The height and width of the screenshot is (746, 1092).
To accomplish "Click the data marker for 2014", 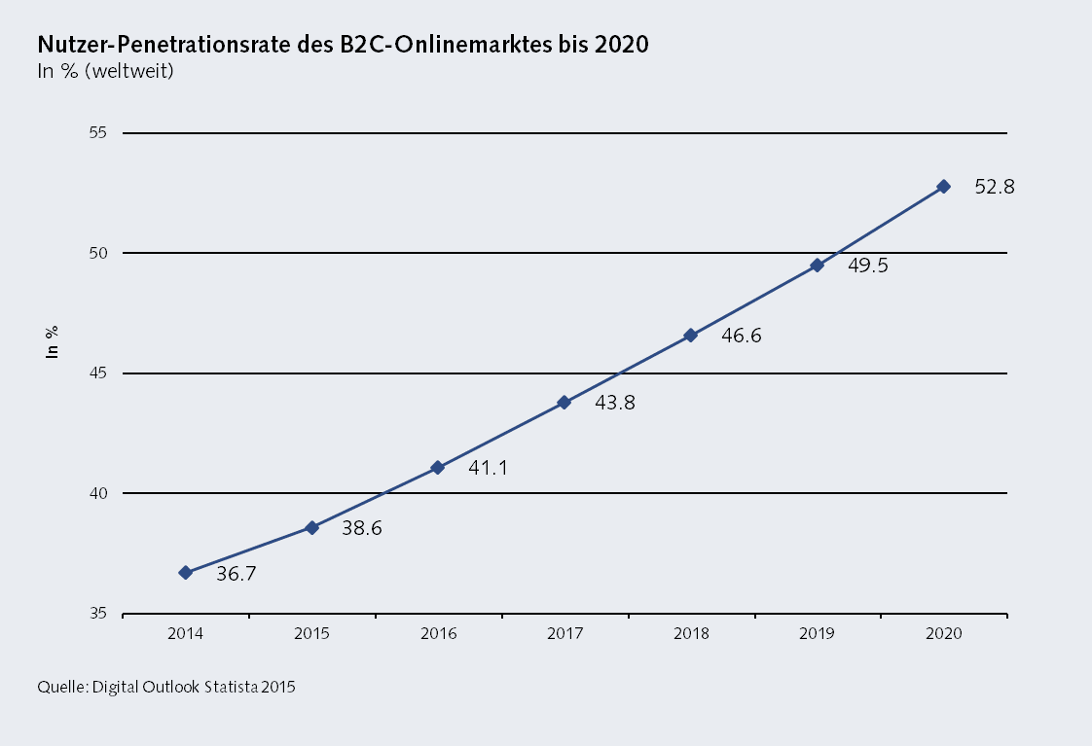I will (186, 573).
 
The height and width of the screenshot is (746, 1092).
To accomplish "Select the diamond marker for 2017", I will (564, 402).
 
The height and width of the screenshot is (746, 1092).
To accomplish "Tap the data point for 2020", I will (943, 186).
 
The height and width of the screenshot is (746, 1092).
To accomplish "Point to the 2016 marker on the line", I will (438, 468).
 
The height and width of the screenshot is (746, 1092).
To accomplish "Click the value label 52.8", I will (995, 188).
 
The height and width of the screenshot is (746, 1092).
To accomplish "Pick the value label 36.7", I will (236, 574).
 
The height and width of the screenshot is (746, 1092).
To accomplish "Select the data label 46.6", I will (742, 337).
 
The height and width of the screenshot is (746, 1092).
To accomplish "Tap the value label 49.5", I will (868, 266).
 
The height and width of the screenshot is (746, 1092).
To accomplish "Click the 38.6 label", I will (362, 528).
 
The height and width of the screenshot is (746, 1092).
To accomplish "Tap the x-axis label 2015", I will (311, 633).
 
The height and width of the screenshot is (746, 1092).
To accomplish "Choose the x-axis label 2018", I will (690, 633).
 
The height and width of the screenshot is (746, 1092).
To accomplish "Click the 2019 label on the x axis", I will (817, 633).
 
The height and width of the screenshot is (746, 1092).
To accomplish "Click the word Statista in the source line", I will (232, 687).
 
